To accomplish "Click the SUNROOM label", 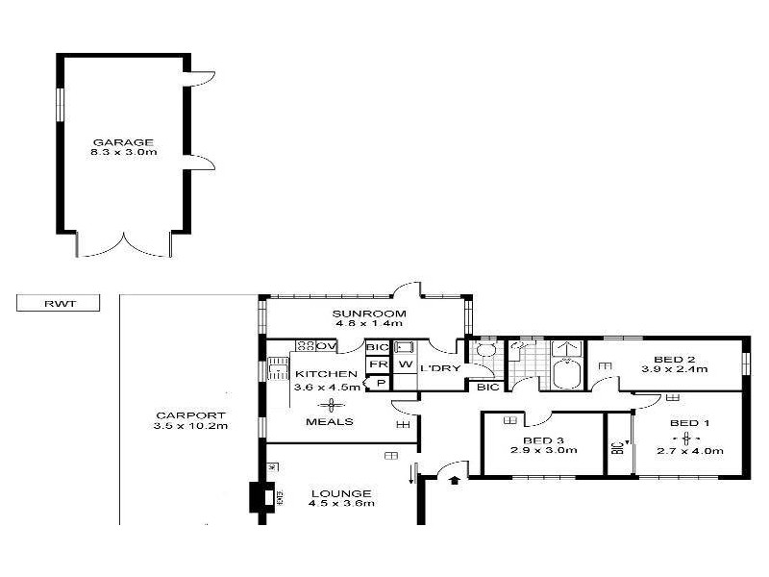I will (356, 314).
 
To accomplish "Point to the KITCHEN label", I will (327, 374).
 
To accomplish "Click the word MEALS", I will (329, 421).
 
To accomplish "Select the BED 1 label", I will (689, 423).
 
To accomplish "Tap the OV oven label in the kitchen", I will (326, 346).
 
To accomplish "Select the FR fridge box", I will (377, 365).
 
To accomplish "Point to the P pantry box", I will (380, 384).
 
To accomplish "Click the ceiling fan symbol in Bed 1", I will (685, 438).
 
